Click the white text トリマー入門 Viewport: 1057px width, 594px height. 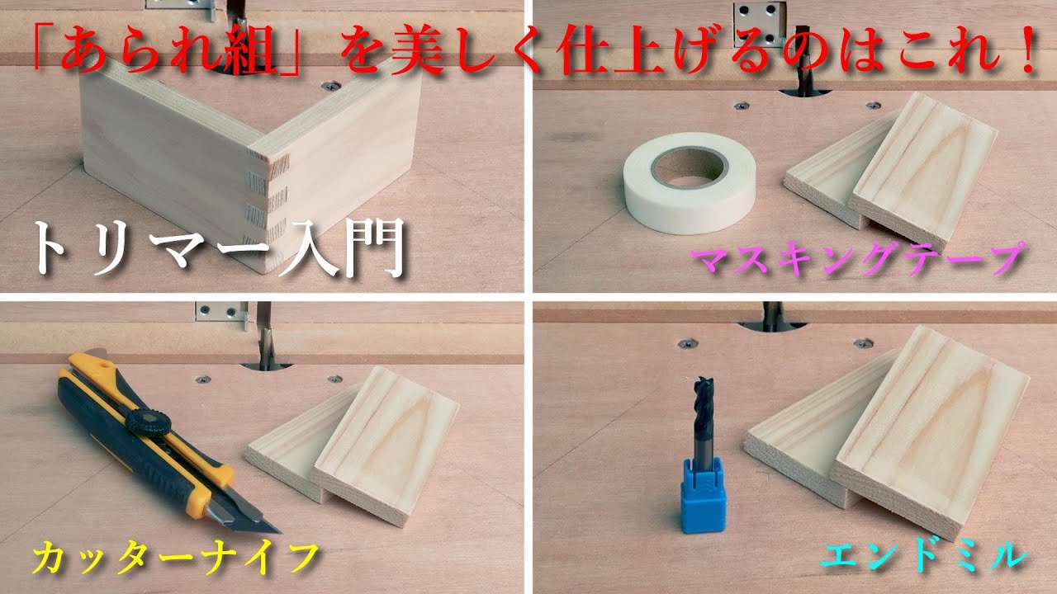(x=219, y=247)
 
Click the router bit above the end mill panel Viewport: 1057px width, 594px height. (x=772, y=314)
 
